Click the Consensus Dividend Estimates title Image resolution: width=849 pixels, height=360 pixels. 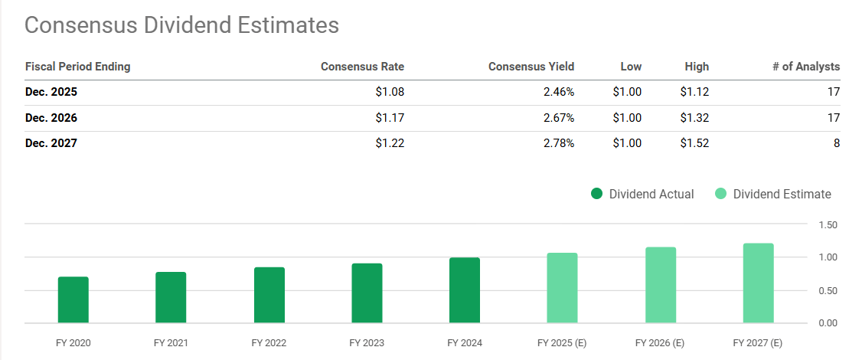point(181,25)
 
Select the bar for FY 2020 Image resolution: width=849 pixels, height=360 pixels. point(73,299)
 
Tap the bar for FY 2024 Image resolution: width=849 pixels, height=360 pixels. point(465,290)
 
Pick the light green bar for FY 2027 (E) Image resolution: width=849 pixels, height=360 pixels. point(758,283)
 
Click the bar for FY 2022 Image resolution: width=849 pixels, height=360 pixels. point(269,295)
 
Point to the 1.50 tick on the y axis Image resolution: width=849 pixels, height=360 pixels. point(827,224)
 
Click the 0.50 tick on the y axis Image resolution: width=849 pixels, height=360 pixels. point(827,290)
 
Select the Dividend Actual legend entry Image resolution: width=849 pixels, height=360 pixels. point(642,194)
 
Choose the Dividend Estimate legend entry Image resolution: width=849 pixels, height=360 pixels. point(772,194)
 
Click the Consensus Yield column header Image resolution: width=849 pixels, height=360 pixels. point(531,67)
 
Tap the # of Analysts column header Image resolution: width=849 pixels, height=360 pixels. point(805,67)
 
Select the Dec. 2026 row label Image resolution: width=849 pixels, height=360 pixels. point(51,119)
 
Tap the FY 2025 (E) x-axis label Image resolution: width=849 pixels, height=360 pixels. point(563,343)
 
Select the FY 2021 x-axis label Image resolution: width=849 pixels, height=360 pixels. point(171,343)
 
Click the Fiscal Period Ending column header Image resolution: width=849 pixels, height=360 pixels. point(78,67)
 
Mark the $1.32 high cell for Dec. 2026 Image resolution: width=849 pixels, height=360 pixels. point(694,119)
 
